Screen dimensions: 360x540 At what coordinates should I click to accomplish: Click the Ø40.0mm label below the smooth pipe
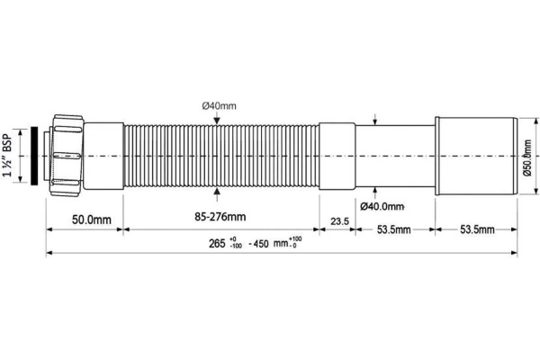coord(384,206)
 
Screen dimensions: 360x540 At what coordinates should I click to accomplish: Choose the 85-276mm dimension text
coord(215,218)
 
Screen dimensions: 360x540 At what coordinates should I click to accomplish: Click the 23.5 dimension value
coord(338,221)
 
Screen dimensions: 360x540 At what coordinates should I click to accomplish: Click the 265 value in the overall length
coord(216,244)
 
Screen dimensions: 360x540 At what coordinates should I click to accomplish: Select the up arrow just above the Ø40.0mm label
coord(373,191)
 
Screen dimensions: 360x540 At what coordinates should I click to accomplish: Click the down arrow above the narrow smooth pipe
coord(373,121)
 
